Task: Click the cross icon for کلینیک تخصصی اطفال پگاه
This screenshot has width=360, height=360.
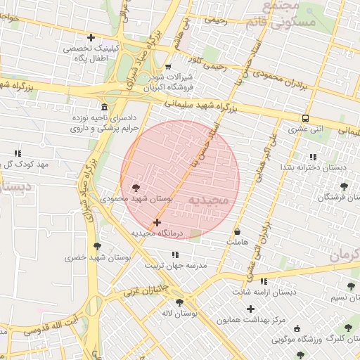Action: [90, 37]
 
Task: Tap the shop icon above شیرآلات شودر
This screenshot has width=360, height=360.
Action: [167, 67]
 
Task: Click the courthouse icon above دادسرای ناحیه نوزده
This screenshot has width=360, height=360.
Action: [104, 107]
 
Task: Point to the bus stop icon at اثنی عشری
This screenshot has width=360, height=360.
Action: [305, 118]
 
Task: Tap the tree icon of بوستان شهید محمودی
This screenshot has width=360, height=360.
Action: [135, 188]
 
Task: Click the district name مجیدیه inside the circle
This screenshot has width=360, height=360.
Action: [208, 200]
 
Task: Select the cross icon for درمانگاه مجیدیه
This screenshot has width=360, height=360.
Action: [156, 222]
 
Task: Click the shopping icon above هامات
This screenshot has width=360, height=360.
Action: [237, 231]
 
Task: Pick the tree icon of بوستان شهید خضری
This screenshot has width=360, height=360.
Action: [96, 246]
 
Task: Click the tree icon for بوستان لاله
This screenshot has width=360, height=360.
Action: [179, 302]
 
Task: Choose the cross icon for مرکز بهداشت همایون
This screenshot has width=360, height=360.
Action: [250, 309]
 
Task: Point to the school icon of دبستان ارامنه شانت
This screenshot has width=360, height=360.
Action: [264, 281]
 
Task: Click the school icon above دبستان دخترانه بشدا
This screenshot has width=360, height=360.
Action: [312, 156]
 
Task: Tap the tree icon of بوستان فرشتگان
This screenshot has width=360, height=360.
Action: [343, 186]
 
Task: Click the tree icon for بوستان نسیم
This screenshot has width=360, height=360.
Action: [350, 286]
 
